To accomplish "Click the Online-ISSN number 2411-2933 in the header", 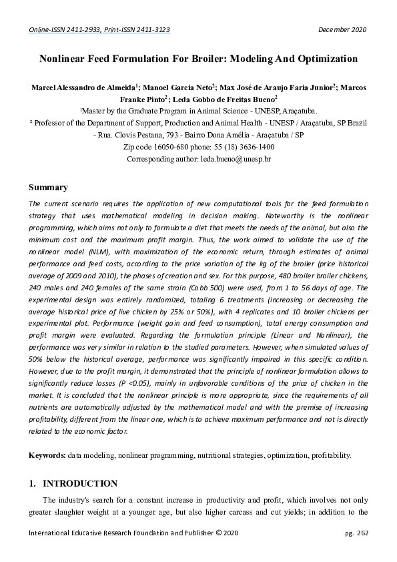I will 79,30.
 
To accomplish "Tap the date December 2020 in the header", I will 342,30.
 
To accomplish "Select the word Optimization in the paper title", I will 324,59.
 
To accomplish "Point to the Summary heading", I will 48,188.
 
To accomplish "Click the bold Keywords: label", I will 47,455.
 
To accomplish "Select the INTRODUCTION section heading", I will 80,484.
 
